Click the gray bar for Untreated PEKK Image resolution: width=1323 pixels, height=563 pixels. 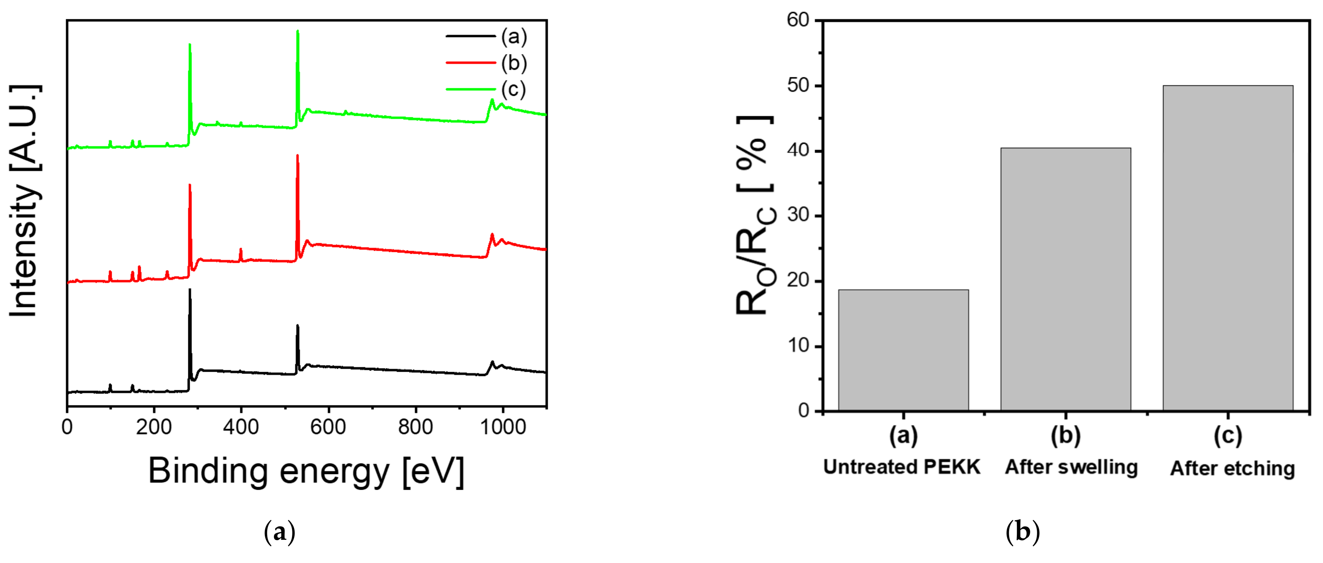(x=903, y=350)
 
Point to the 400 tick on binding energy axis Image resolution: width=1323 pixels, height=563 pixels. (x=241, y=427)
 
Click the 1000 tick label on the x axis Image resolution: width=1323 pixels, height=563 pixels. (x=503, y=427)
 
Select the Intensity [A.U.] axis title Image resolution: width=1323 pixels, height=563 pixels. (x=25, y=200)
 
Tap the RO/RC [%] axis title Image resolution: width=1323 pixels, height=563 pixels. (x=754, y=216)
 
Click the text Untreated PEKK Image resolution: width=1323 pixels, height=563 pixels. (x=901, y=467)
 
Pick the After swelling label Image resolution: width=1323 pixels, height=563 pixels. (x=1071, y=467)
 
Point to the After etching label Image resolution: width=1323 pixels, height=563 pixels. (x=1232, y=469)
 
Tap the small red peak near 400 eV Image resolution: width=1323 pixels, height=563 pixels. (x=241, y=251)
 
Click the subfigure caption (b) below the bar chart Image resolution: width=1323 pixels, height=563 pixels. (x=1022, y=532)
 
